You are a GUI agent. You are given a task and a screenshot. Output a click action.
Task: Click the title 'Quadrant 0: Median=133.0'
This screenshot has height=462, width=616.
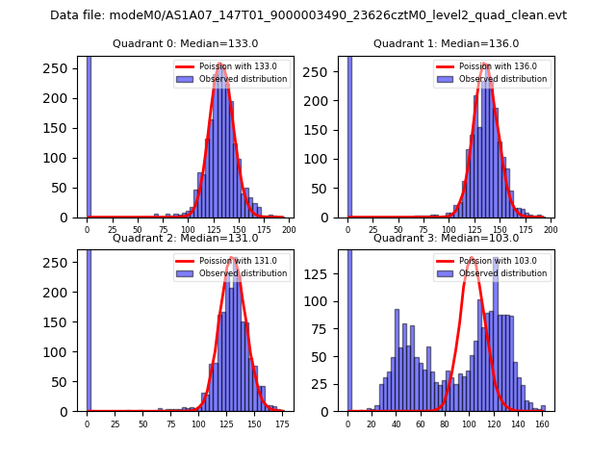point(186,43)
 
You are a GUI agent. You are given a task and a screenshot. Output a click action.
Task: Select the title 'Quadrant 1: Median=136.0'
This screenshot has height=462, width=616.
point(446,43)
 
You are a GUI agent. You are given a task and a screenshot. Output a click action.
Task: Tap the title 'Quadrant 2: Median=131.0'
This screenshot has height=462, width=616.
point(186,238)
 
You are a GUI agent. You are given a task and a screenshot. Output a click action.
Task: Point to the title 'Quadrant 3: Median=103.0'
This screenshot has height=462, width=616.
point(446,238)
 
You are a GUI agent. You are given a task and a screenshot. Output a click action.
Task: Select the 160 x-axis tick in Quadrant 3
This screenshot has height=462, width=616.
point(542,423)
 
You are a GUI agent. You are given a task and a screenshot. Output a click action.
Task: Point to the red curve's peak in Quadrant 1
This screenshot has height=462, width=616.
point(485,65)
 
